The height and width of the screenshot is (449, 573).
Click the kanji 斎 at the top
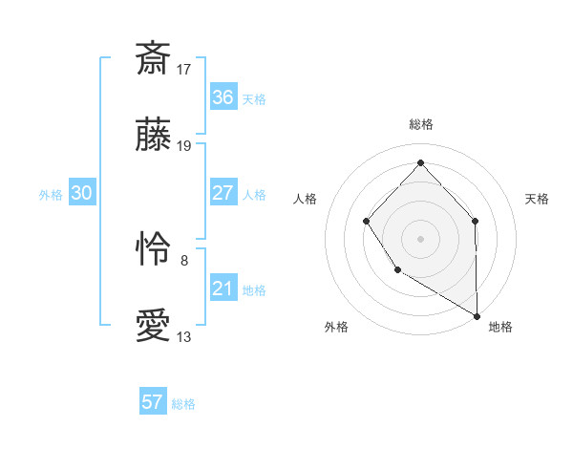[x=154, y=58]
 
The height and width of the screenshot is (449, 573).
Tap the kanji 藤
[x=154, y=137]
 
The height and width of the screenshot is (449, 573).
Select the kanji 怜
[x=154, y=249]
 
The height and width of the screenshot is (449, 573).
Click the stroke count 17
[x=184, y=69]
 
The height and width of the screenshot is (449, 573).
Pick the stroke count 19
[x=184, y=147]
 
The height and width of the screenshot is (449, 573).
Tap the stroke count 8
[x=184, y=259]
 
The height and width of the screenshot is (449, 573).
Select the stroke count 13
[x=184, y=337]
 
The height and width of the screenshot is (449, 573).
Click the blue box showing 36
[x=223, y=97]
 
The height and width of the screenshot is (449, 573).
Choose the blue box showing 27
[x=223, y=193]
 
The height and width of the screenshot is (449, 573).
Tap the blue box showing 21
[x=223, y=289]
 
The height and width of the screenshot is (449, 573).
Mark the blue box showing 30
[x=82, y=193]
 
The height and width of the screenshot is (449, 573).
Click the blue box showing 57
[x=153, y=402]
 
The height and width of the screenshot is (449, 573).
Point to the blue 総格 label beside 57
[x=184, y=404]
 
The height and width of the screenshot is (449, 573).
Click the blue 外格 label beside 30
[x=51, y=195]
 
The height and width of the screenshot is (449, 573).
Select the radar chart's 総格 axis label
[x=421, y=124]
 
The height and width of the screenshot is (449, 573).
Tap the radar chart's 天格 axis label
[x=538, y=199]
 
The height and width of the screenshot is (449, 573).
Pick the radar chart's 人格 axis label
[x=306, y=199]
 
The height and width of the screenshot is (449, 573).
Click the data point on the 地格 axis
[x=477, y=315]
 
